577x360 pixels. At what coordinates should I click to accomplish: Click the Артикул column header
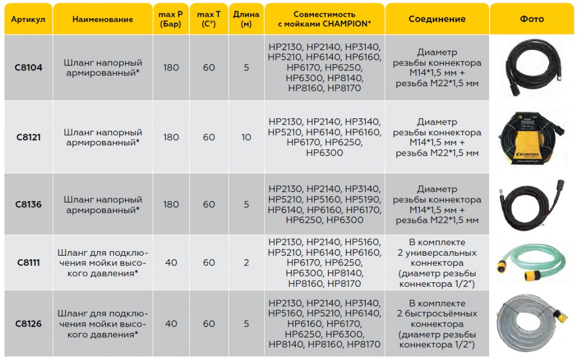[28, 19]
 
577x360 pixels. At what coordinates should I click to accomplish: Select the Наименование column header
[103, 19]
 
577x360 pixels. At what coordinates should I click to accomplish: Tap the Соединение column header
[437, 19]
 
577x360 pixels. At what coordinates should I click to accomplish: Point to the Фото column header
[532, 19]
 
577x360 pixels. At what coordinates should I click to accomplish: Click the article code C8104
[28, 68]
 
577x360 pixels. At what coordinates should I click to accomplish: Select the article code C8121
[28, 137]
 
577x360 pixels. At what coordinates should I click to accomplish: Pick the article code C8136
[28, 205]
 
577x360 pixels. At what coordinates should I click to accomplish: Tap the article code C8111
[28, 263]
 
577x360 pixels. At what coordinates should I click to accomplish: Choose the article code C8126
[28, 323]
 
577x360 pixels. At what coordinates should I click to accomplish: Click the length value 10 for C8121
[246, 137]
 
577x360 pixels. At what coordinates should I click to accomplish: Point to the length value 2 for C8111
[246, 263]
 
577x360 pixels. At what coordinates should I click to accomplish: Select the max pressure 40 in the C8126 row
[171, 323]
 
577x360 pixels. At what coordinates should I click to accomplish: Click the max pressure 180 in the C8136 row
[171, 205]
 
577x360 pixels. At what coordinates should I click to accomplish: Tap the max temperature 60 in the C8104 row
[209, 68]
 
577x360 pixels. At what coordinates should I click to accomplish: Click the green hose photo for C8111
[530, 262]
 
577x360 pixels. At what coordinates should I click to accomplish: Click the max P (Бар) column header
[171, 19]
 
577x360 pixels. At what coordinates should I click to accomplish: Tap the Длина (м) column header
[246, 19]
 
